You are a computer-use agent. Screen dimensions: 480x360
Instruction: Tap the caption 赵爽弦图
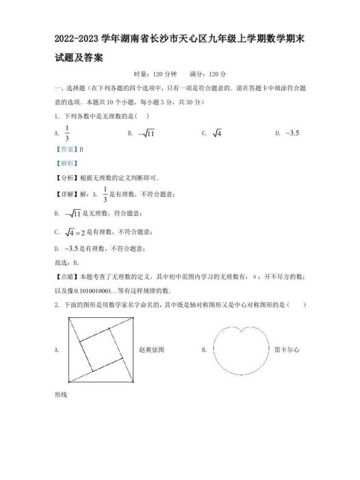pos(151,349)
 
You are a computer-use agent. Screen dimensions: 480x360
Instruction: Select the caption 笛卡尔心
pos(286,349)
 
